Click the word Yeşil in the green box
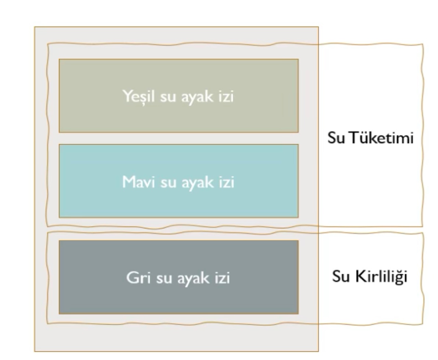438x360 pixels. point(139,97)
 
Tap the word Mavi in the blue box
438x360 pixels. point(138,182)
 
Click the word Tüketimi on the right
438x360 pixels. point(382,137)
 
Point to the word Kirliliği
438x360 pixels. point(381,276)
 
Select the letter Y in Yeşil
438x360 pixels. point(128,96)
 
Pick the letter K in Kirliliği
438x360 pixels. point(360,276)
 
